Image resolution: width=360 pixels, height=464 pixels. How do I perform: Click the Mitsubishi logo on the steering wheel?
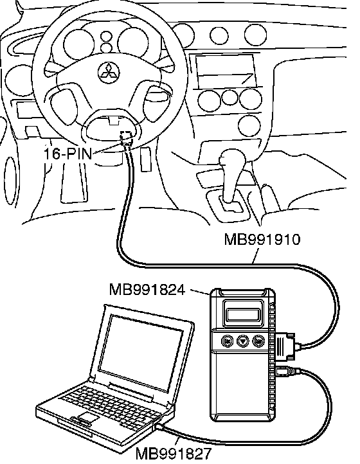point(109,73)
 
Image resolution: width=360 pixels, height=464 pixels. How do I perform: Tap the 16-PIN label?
point(67,153)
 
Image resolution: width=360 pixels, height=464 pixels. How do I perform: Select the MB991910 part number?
point(262,239)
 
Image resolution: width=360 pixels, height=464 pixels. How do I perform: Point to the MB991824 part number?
point(147,289)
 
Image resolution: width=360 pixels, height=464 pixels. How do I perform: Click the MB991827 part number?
point(174,453)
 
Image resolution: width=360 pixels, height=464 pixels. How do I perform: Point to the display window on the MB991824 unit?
point(243,314)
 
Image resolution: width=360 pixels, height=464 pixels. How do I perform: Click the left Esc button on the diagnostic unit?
point(227,341)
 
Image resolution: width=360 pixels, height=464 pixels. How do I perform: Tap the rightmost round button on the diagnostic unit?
point(258,341)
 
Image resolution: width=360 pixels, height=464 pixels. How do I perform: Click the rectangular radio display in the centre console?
point(226,71)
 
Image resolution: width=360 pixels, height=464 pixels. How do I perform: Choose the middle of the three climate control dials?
point(230,97)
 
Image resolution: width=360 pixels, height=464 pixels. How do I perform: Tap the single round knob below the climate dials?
point(249,126)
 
